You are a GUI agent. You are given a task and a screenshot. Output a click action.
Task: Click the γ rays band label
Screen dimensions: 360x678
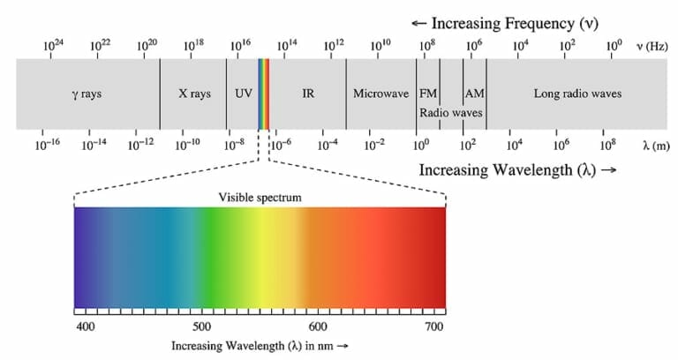87,94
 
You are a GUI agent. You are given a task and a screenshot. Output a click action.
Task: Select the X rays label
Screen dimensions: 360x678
194,94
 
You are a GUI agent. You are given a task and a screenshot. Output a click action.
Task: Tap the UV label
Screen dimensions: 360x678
243,94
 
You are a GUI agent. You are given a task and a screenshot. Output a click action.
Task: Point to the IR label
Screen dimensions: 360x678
308,94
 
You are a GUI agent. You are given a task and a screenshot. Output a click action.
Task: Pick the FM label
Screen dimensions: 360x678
427,94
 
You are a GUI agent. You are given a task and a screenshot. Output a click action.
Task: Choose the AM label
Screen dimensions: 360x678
474,94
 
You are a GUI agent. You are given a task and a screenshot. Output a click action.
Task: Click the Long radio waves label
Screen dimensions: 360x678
577,94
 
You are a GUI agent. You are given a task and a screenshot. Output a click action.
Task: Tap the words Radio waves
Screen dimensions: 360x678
450,113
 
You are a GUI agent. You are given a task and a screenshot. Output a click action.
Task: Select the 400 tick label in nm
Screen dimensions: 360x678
86,327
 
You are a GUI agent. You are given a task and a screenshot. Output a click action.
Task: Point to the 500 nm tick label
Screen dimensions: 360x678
201,327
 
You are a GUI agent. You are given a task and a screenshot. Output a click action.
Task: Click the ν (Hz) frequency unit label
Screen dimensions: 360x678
652,45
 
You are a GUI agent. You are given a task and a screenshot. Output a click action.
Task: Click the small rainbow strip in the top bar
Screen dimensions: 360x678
264,94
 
